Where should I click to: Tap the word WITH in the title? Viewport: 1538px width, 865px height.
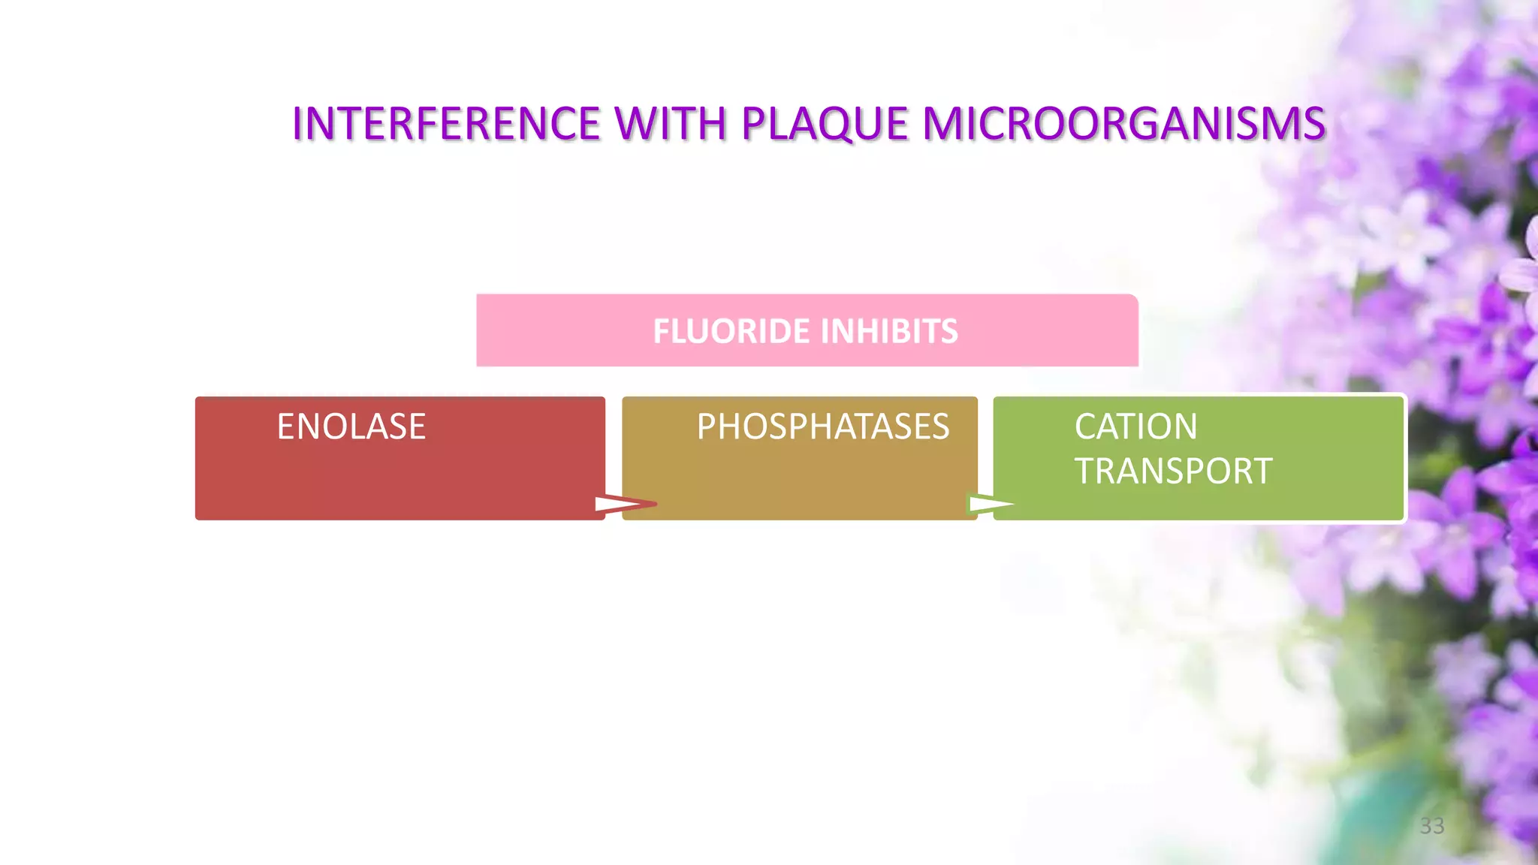pos(671,124)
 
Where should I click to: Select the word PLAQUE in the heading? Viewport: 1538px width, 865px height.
pos(825,125)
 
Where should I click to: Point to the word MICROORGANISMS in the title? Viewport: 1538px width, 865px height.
pos(1123,124)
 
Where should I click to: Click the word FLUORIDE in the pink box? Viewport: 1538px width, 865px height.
pos(731,331)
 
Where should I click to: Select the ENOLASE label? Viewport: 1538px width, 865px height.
pos(351,426)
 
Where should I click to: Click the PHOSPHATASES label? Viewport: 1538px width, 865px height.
pos(822,426)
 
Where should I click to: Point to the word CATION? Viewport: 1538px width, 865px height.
pos(1135,426)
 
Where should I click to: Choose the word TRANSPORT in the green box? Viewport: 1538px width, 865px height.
pos(1173,471)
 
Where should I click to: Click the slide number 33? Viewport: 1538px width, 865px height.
pos(1431,826)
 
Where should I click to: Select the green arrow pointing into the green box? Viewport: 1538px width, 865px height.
pos(991,504)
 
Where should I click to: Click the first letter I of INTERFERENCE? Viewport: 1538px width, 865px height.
pos(297,124)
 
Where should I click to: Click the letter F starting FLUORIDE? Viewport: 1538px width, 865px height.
pos(660,331)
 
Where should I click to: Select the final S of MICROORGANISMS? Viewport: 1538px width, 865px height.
pos(1314,124)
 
